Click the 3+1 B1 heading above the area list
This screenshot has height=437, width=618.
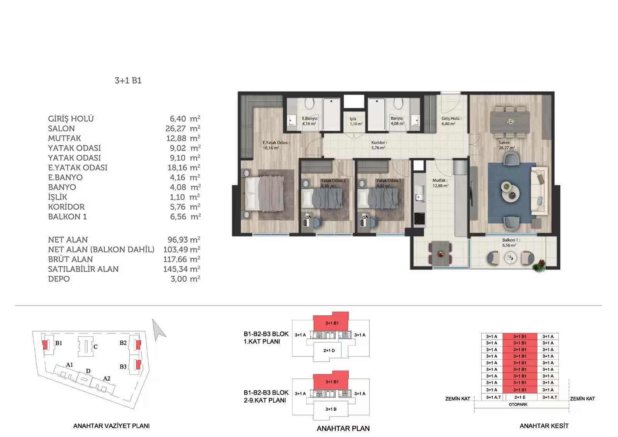tap(128, 80)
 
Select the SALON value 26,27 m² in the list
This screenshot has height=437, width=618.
tap(183, 128)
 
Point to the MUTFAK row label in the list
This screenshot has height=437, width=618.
tap(65, 138)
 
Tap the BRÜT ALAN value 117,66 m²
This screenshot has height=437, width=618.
tap(182, 259)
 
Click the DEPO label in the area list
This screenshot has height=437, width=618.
tap(59, 279)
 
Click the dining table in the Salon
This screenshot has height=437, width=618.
tap(510, 122)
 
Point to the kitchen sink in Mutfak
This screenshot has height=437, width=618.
tap(419, 193)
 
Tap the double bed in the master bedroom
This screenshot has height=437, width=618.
tap(265, 194)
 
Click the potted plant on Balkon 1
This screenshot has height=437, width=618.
tap(539, 265)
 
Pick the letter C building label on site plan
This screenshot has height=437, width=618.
tap(95, 347)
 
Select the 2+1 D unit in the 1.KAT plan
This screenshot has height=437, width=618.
tap(329, 350)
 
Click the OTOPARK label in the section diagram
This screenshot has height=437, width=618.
tap(518, 405)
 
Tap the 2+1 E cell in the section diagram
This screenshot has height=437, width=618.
tap(520, 397)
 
